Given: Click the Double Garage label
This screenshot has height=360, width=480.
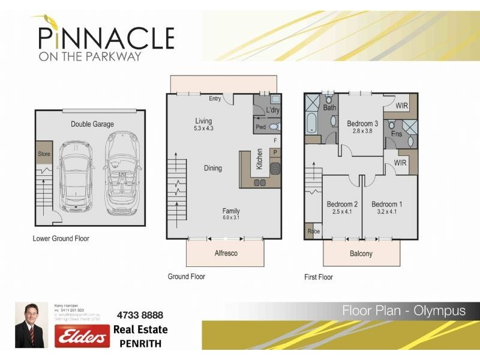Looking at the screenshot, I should pyautogui.click(x=92, y=124).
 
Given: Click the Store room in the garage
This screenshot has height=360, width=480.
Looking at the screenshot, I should pyautogui.click(x=44, y=154).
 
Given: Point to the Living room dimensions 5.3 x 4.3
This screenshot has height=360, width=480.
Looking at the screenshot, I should pyautogui.click(x=203, y=128).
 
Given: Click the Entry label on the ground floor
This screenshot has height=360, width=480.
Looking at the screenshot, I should pyautogui.click(x=215, y=98).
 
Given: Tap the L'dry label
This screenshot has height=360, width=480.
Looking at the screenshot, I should pyautogui.click(x=272, y=110).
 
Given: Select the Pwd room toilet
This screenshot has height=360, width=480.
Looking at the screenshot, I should pyautogui.click(x=274, y=127).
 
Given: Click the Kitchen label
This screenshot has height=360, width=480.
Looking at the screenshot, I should pyautogui.click(x=259, y=160).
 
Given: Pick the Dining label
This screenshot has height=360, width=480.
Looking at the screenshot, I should pyautogui.click(x=212, y=168).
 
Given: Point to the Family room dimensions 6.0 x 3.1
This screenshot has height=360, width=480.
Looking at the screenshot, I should pyautogui.click(x=231, y=218).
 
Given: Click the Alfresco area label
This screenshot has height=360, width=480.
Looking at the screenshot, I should pyautogui.click(x=226, y=253).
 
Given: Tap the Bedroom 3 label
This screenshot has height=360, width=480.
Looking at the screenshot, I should pyautogui.click(x=362, y=124).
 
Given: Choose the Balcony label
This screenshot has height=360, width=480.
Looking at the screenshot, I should pyautogui.click(x=361, y=254).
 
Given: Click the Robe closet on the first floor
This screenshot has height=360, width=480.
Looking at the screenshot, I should pyautogui.click(x=313, y=231).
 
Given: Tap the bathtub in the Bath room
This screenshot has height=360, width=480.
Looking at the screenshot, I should pyautogui.click(x=311, y=124).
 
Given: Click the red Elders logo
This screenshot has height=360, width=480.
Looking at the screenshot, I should pyautogui.click(x=82, y=336).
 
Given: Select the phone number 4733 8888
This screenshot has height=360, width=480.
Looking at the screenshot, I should pyautogui.click(x=139, y=315).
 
